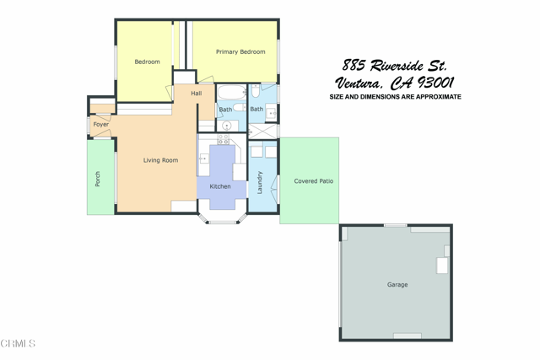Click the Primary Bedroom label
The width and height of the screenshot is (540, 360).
[240, 52]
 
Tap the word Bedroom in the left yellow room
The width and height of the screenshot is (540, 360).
[147, 62]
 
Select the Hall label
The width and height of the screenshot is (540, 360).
[197, 93]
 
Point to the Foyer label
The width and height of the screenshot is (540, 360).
[100, 125]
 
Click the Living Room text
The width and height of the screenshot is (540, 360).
[160, 160]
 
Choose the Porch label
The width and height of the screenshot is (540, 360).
[98, 179]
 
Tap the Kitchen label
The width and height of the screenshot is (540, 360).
[220, 186]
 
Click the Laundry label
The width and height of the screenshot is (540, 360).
[260, 182]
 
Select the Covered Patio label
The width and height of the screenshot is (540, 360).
[314, 181]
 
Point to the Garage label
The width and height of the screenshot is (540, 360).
[397, 285]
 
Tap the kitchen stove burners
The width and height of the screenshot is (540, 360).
[224, 139]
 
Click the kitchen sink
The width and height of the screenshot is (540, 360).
[203, 159]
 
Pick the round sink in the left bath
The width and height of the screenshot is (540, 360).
[226, 126]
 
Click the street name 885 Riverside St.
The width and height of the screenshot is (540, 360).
[395, 65]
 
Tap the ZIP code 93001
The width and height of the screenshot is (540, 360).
[435, 83]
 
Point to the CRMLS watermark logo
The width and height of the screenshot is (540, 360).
[19, 343]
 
